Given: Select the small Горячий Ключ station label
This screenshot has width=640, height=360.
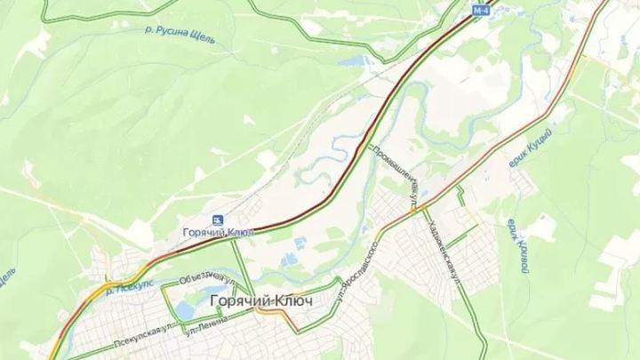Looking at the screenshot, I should (x=214, y=233).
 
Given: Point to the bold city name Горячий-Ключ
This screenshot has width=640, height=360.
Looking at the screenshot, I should (x=261, y=301).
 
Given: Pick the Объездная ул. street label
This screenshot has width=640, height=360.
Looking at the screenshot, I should (x=206, y=276).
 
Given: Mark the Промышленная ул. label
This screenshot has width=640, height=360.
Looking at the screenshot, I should (x=396, y=173).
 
